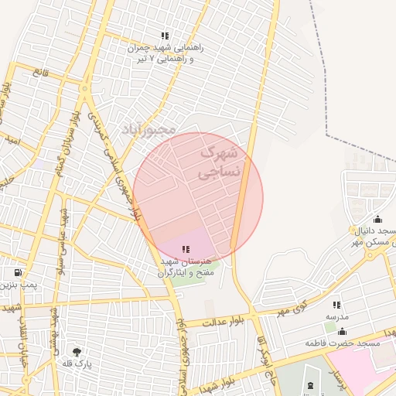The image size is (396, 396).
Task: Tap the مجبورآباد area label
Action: click(148, 128)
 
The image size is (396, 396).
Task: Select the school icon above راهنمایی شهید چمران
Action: click(164, 36)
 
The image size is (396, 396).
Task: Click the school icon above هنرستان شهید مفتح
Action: click(185, 248)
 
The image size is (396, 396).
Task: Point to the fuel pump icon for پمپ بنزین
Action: click(18, 272)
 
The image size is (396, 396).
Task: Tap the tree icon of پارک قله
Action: click(76, 353)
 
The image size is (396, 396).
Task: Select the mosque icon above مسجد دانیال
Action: click(377, 219)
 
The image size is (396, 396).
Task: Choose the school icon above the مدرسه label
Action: click(336, 306)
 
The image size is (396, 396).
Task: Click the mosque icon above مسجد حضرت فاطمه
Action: click(342, 331)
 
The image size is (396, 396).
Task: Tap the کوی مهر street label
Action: click(292, 310)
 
